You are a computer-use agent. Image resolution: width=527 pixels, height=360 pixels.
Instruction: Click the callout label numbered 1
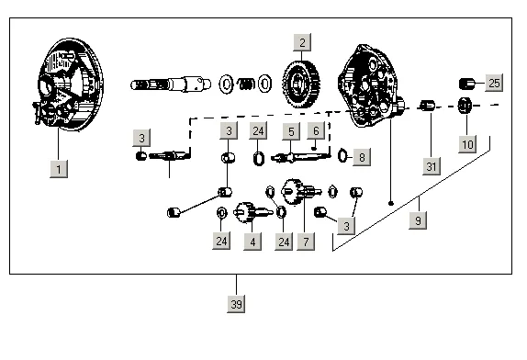click(59, 169)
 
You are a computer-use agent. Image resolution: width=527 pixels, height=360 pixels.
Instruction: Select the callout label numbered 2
click(302, 42)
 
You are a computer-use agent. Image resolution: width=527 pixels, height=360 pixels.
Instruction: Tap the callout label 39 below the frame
click(236, 304)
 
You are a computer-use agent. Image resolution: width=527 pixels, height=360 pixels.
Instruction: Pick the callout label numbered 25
click(494, 83)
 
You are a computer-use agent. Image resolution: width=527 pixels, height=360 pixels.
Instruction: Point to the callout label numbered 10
click(467, 144)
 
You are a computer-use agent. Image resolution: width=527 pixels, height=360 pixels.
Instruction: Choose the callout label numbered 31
click(432, 166)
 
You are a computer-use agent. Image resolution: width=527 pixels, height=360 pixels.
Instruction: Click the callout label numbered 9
click(418, 220)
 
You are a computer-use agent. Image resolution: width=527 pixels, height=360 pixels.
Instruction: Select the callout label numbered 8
click(362, 157)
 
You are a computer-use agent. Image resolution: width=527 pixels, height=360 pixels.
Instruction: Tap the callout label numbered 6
click(316, 130)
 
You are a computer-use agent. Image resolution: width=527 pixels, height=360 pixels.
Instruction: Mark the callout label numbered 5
click(291, 131)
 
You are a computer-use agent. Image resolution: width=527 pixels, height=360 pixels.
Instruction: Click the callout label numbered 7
click(306, 242)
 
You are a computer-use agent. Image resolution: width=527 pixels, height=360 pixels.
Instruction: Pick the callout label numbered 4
click(252, 242)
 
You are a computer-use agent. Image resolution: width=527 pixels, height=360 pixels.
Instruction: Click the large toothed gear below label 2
click(301, 84)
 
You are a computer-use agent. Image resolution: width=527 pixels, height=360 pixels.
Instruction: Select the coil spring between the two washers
click(246, 84)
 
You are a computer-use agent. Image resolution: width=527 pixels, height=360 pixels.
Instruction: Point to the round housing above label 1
click(69, 84)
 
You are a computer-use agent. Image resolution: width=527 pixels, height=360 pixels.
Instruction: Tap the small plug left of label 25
click(466, 84)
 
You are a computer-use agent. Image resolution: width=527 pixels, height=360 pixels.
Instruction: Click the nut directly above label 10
click(465, 106)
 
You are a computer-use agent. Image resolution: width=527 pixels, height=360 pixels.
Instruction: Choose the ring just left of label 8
click(342, 155)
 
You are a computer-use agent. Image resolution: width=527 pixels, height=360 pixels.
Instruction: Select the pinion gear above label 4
click(252, 212)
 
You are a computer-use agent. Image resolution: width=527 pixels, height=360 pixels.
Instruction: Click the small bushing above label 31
click(427, 106)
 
